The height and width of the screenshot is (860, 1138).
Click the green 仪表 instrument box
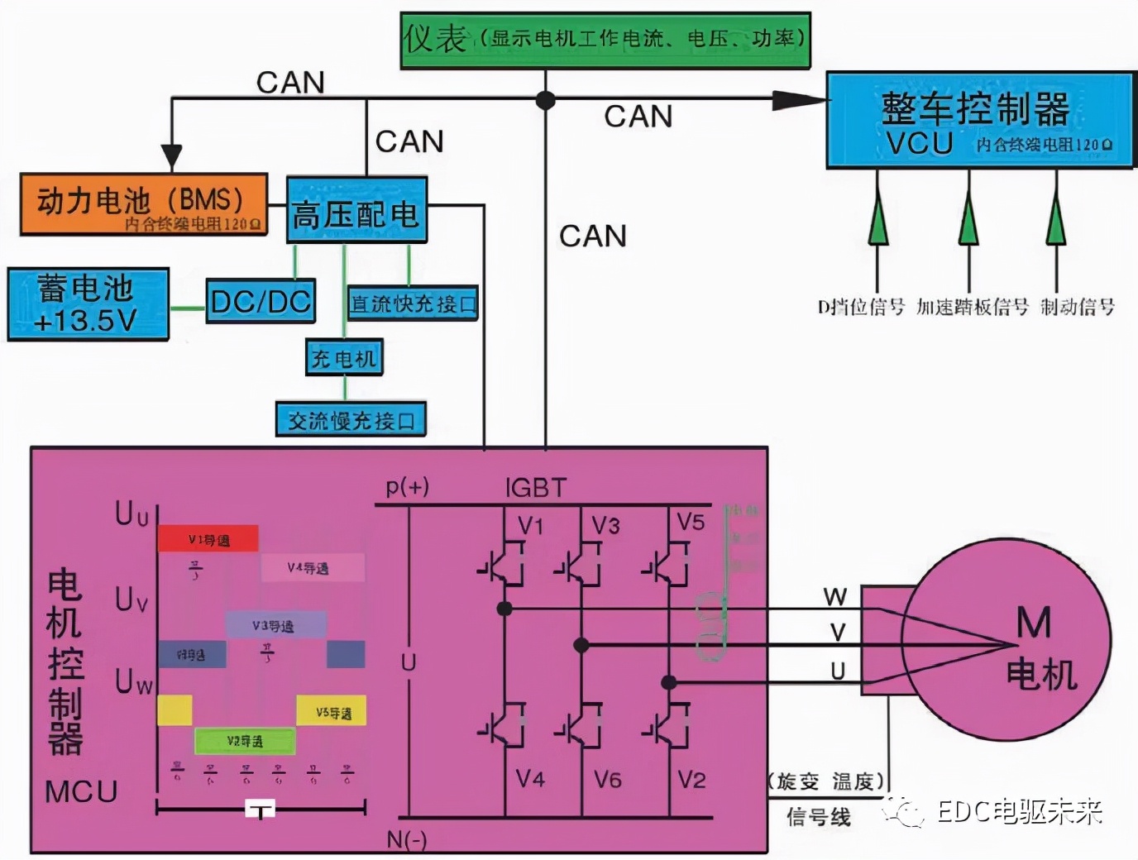(605, 40)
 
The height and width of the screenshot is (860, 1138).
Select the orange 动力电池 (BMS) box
(144, 204)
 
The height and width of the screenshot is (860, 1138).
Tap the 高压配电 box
(356, 211)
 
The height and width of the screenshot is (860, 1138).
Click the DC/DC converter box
(261, 301)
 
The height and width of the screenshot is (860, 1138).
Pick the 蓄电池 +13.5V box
(88, 303)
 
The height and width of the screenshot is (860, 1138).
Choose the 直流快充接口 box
(413, 304)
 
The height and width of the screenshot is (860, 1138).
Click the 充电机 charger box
(344, 358)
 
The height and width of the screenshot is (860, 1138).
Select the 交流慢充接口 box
(351, 420)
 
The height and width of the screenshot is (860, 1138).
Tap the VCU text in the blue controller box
(920, 144)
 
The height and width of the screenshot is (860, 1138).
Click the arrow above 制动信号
(1055, 217)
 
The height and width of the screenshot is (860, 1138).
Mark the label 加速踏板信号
(972, 308)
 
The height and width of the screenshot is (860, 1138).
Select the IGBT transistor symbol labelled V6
(581, 728)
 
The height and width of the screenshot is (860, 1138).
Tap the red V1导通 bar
(208, 539)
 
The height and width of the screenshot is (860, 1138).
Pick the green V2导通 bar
(245, 741)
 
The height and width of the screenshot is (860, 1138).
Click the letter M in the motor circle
(1033, 623)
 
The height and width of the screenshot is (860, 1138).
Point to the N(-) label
(406, 840)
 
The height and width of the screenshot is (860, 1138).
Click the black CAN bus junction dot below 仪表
(545, 100)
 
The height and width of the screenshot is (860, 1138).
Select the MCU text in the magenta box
(81, 791)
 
